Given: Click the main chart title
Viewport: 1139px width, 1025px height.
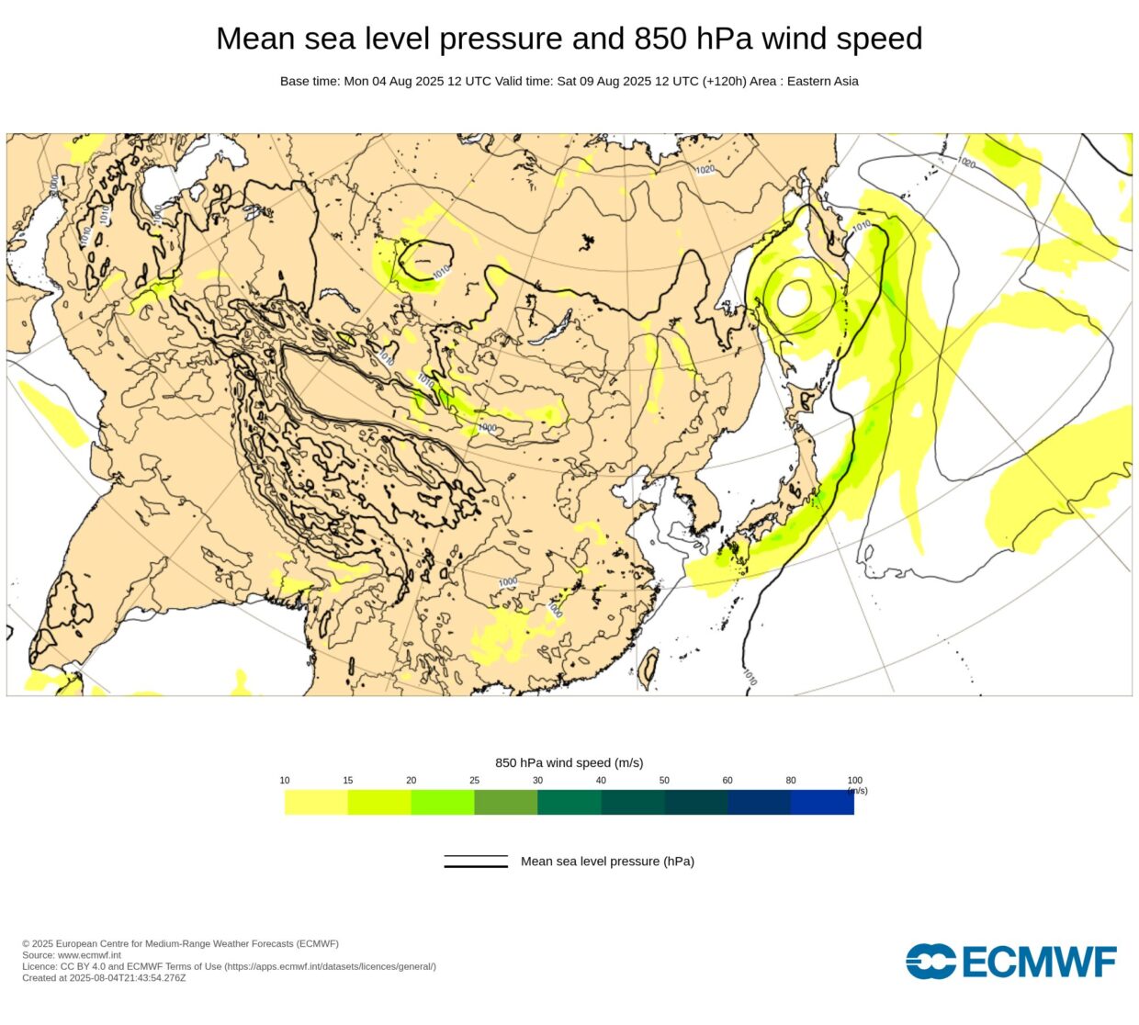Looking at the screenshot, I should click(x=569, y=39).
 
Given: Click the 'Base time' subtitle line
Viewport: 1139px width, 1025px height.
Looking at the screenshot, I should click(x=569, y=81).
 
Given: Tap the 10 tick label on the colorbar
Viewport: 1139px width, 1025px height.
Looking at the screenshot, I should click(x=285, y=781).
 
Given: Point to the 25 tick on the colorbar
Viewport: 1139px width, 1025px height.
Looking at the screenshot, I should click(x=474, y=781).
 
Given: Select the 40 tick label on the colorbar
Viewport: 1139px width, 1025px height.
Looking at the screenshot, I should click(x=601, y=781).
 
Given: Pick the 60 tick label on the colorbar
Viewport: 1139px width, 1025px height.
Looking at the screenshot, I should click(x=727, y=781).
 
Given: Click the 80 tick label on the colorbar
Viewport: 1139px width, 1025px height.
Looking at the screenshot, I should click(x=791, y=781).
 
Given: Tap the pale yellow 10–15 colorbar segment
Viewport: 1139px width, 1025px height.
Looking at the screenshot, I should click(x=316, y=803).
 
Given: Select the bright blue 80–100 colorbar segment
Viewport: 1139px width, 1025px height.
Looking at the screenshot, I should click(x=822, y=803).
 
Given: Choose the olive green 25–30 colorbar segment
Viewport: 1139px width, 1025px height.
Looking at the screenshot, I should click(x=505, y=803).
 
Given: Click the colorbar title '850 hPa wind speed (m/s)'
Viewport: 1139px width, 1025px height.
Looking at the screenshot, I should click(x=569, y=762).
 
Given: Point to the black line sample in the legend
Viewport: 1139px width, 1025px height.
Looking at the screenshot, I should click(x=476, y=862).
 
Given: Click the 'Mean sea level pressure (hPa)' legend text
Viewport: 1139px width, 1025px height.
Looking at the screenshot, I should click(x=607, y=862).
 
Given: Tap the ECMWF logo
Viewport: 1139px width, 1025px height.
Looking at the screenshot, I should click(x=1010, y=962).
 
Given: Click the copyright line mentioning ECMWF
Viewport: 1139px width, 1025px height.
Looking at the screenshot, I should click(x=180, y=944).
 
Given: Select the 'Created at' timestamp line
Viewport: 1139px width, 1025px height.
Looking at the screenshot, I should click(x=104, y=978).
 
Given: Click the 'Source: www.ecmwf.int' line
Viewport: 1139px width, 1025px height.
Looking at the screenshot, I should click(x=72, y=955).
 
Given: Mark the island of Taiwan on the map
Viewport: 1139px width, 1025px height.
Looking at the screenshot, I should click(x=648, y=668).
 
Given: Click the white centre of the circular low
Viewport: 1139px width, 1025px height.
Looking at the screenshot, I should click(x=794, y=298).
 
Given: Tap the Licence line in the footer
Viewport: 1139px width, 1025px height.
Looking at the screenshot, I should click(x=229, y=966).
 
